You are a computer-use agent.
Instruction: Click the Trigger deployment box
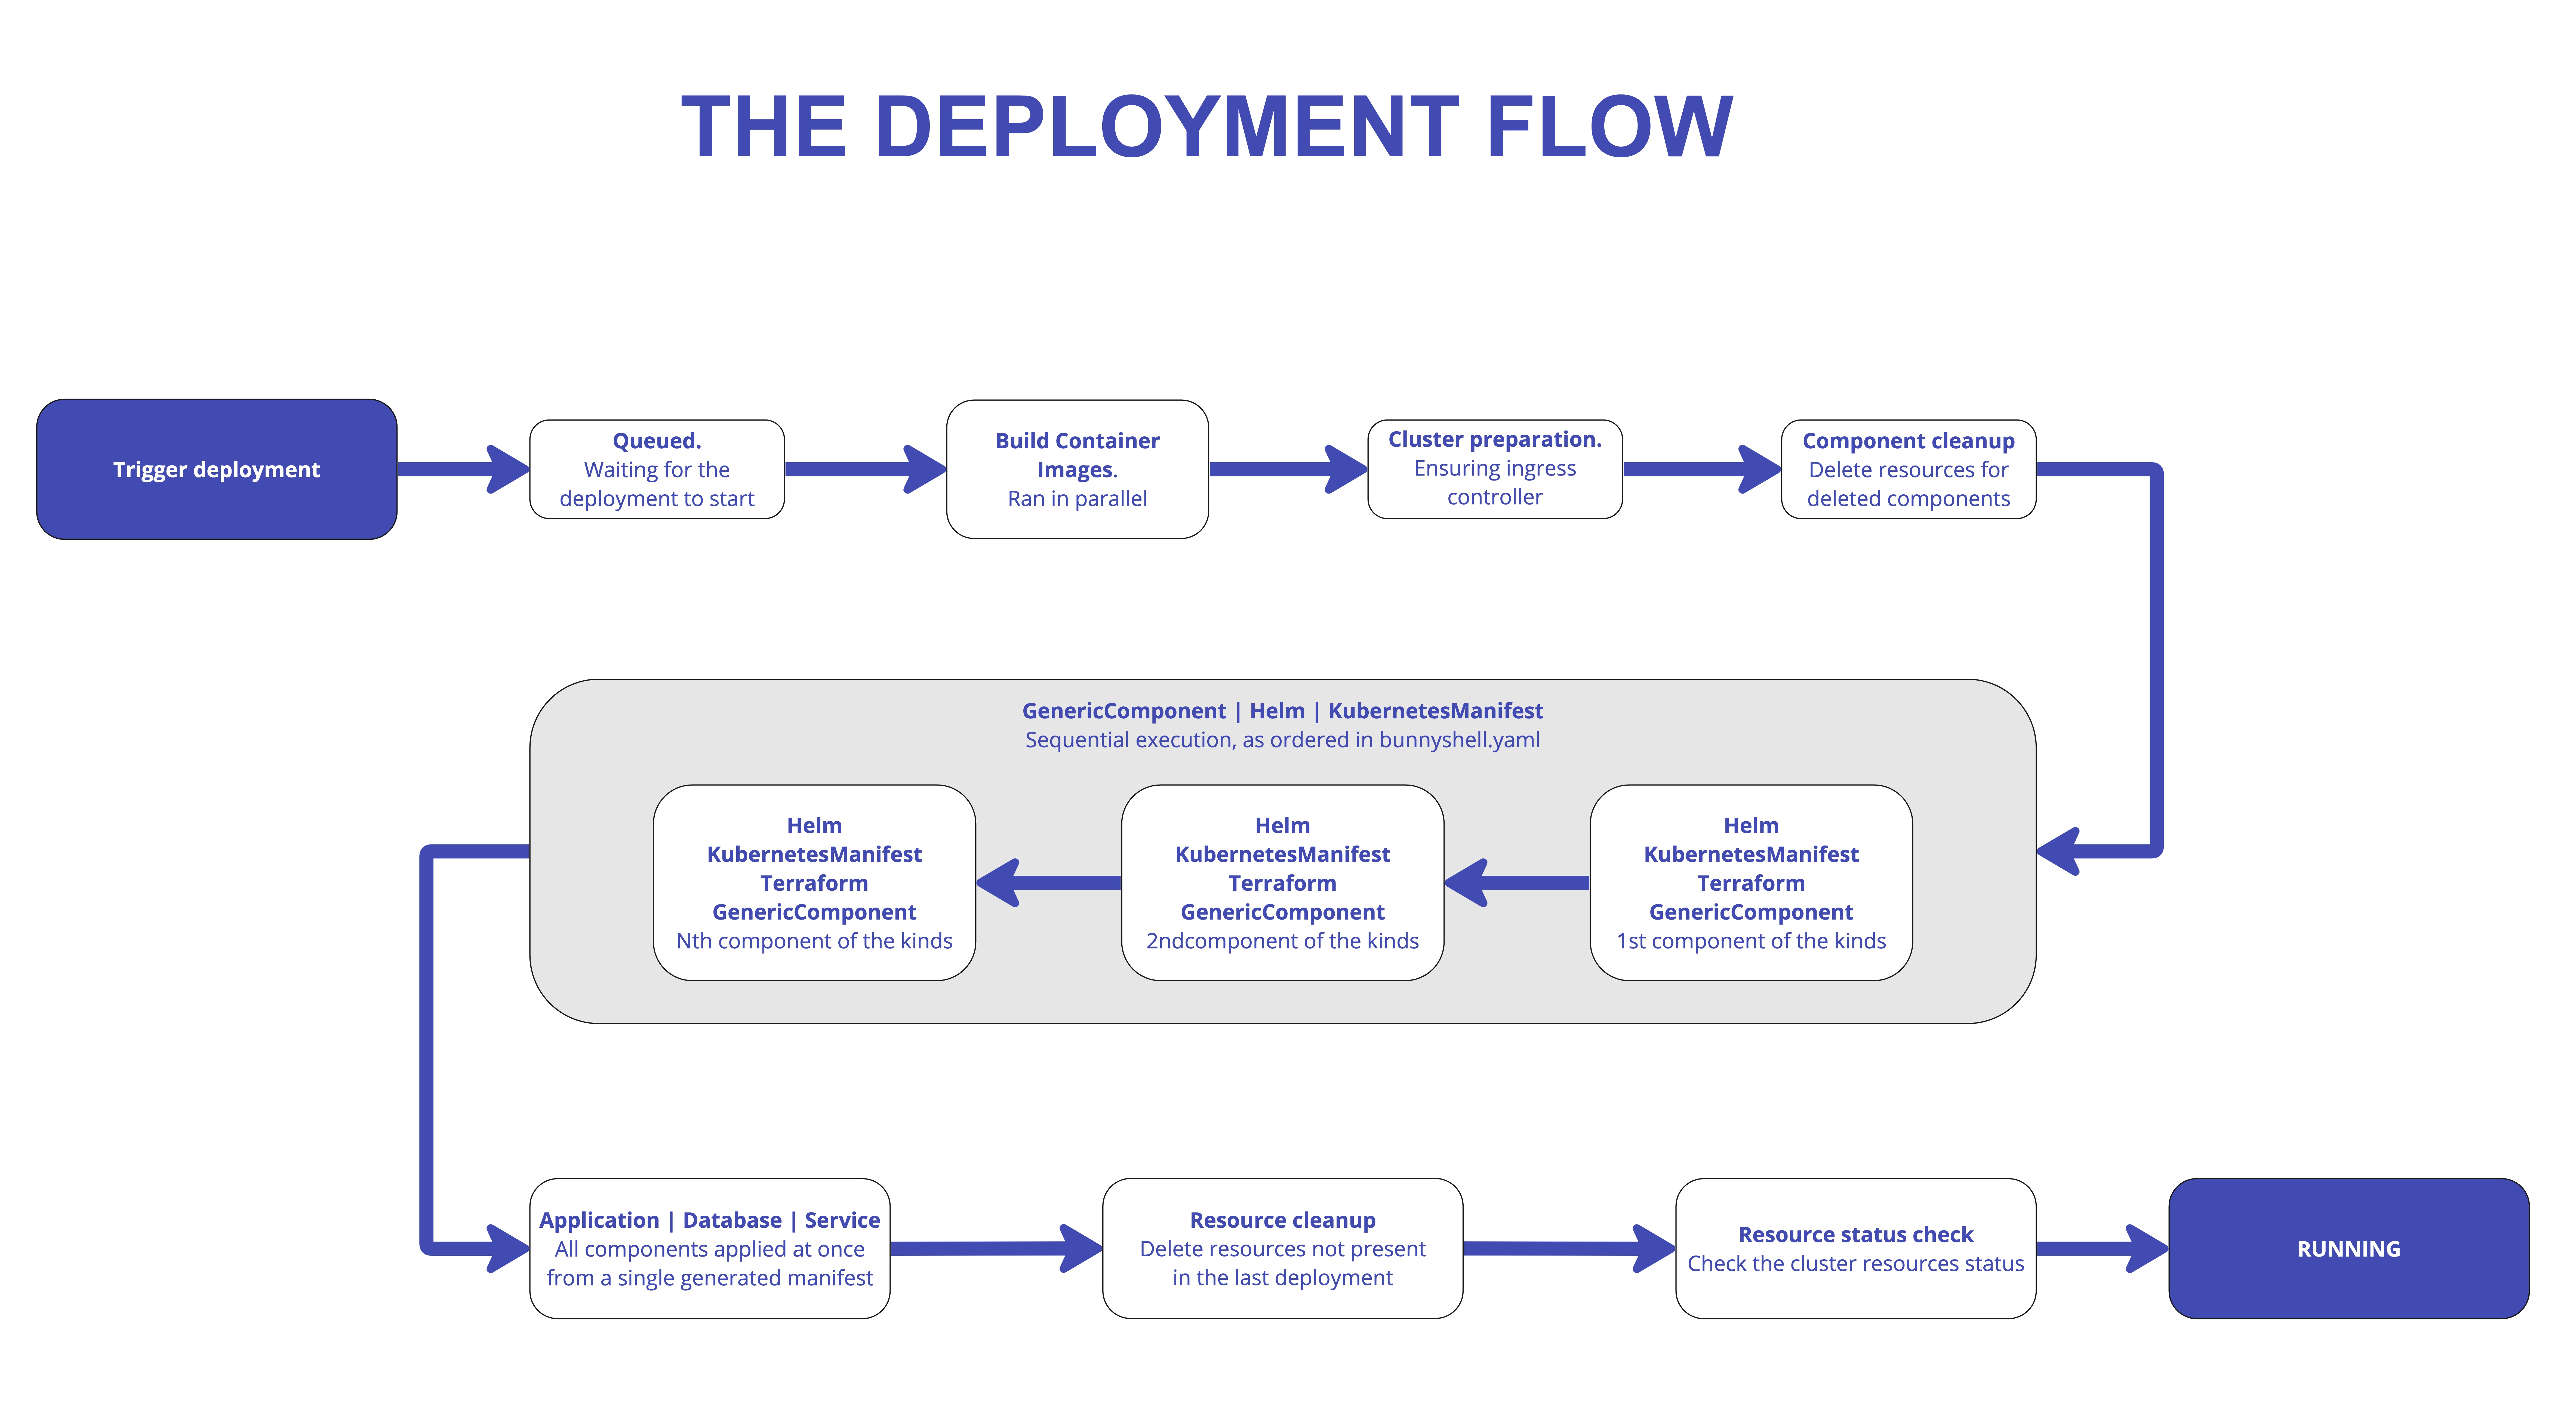point(217,469)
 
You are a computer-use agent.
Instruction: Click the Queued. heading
point(657,440)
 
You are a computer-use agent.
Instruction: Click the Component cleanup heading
point(1907,440)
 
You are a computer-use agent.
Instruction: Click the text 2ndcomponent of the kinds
point(1282,941)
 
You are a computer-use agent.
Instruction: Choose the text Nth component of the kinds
point(814,941)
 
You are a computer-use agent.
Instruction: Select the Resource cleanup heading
point(1282,1220)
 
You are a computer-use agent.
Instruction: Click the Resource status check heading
point(1855,1235)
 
